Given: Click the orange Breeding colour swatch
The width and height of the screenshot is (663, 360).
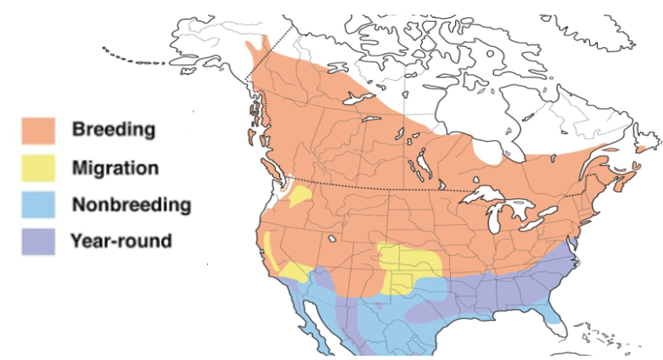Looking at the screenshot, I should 39,130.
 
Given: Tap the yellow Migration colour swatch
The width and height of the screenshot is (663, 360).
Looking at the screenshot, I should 39,167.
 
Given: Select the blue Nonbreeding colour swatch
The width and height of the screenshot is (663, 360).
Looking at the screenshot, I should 39,205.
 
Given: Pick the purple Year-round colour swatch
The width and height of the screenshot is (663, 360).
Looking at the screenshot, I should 39,240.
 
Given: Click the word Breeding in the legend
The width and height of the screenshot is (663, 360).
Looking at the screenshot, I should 113,130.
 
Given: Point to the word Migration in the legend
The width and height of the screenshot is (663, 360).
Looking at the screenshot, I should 115,167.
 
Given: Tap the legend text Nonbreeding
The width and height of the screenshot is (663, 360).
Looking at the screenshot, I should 131,205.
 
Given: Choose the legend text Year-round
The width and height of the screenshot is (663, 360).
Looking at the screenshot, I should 121,240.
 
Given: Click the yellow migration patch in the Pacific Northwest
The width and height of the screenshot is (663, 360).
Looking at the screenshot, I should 299,197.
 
